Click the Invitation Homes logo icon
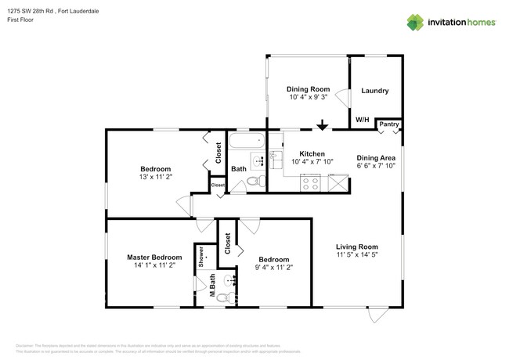[414, 23]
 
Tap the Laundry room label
[374, 91]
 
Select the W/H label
[363, 120]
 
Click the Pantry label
[389, 124]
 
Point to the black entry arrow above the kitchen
[322, 125]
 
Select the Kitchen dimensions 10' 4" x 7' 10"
[312, 161]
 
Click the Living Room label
[357, 247]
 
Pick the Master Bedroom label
[154, 257]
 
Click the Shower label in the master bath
[201, 257]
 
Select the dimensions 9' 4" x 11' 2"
[273, 267]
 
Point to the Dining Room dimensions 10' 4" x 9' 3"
[308, 98]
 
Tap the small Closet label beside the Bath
[217, 185]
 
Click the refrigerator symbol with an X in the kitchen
[338, 184]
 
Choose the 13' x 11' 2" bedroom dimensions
[156, 177]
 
